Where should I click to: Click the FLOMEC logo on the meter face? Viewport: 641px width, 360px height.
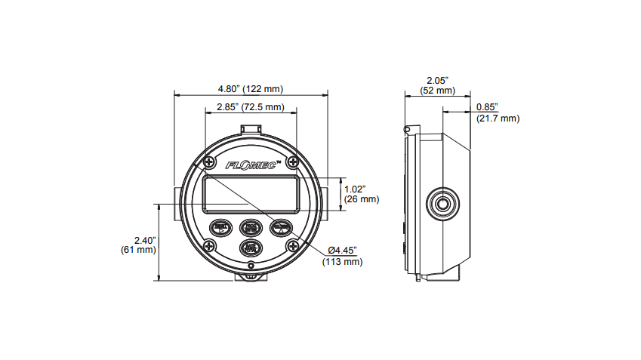coord(250,164)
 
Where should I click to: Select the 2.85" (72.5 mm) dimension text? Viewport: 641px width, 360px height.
coord(250,107)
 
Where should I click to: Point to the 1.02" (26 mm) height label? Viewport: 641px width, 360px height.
coord(361,194)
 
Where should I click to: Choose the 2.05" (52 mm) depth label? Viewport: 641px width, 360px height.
coord(437,85)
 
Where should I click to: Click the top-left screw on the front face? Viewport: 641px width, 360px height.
coord(209,162)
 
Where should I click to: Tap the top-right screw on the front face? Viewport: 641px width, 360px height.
coord(291,162)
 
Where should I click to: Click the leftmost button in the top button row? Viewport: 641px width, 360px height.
coord(221,228)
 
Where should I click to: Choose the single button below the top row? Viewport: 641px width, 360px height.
coord(250,247)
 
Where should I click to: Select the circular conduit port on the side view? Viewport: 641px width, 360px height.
coord(442,203)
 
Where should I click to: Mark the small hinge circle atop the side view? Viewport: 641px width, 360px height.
coord(407,131)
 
